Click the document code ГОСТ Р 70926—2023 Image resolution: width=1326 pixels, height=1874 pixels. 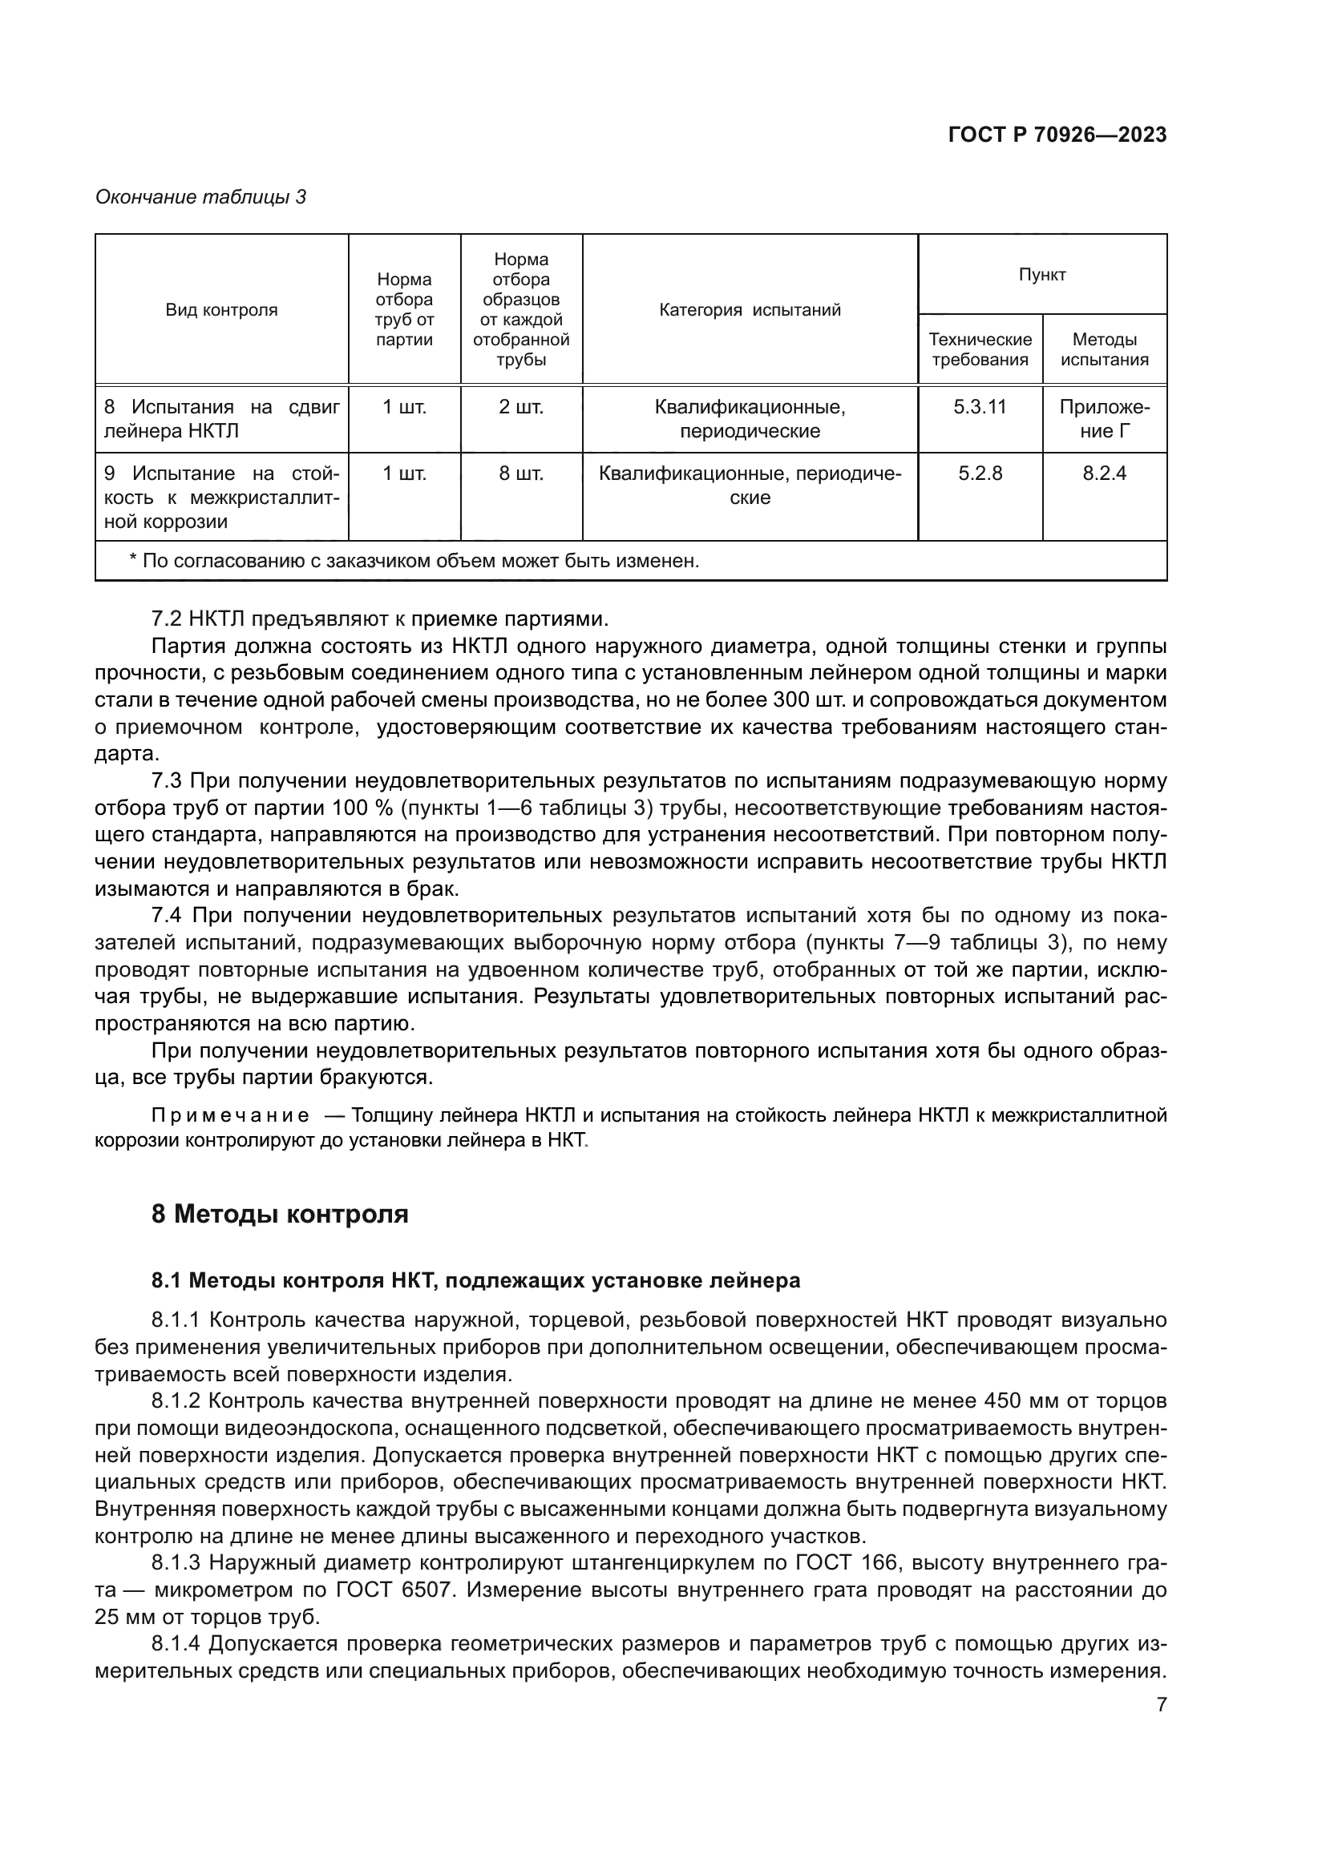coord(1057,135)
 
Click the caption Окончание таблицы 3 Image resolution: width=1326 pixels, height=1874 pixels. coord(200,197)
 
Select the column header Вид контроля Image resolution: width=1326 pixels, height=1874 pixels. coord(221,310)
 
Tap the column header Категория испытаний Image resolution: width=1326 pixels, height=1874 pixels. coord(749,310)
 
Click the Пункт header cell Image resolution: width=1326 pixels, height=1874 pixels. coord(1041,275)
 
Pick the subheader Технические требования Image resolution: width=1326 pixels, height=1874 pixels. coord(979,349)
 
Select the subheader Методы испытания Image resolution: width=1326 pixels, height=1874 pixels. coord(1103,349)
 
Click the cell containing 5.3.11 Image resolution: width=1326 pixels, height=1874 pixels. coord(979,407)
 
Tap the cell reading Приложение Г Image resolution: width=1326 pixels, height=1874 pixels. coord(1103,419)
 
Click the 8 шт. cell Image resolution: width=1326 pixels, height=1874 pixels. coord(521,474)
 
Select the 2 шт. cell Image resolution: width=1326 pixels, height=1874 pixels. coord(521,407)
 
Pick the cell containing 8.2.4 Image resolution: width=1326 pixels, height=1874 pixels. coord(1103,474)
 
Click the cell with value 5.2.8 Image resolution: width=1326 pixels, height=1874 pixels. coord(979,474)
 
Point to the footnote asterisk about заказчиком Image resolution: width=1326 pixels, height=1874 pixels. coord(133,561)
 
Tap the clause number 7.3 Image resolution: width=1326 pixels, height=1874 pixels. coord(167,781)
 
